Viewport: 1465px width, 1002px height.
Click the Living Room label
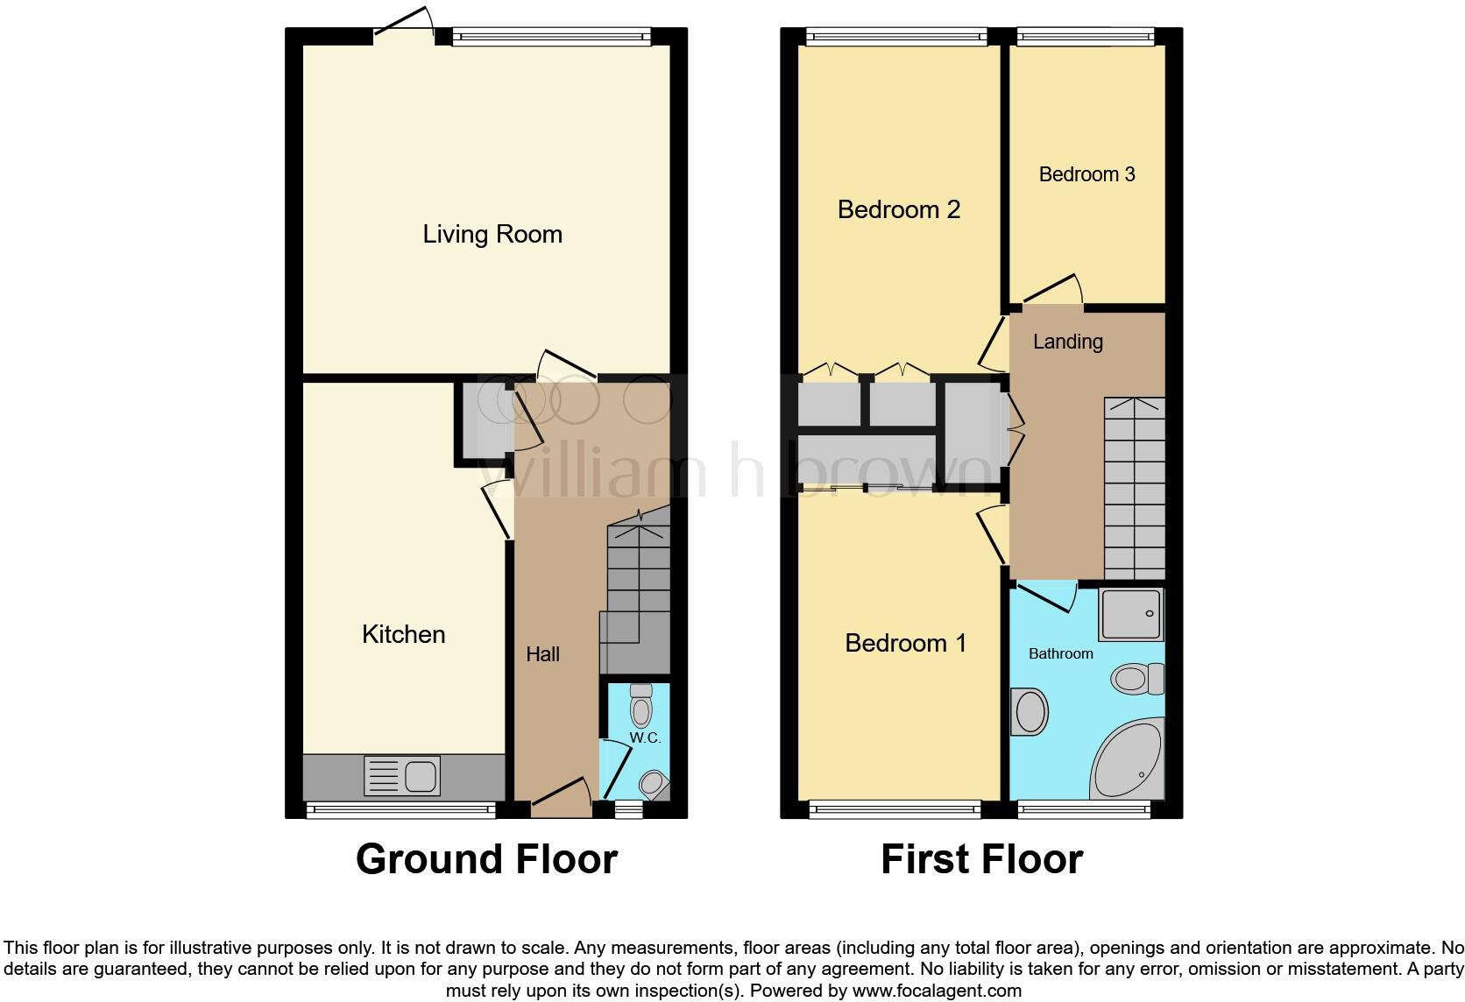coord(492,234)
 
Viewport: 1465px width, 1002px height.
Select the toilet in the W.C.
coord(641,705)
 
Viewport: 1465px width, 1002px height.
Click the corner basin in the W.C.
coord(654,782)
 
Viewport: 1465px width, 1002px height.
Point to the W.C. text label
coord(645,738)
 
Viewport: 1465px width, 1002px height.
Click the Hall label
coord(542,654)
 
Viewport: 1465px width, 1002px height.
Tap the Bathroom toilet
coord(1136,678)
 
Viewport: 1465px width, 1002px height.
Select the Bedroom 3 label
coord(1086,174)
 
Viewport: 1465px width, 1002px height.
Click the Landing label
coord(1067,342)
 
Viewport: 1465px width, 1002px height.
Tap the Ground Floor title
coord(486,859)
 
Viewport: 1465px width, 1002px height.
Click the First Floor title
coord(981,859)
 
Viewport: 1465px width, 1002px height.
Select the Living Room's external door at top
coord(404,25)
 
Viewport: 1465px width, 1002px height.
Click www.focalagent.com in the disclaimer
coord(937,991)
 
